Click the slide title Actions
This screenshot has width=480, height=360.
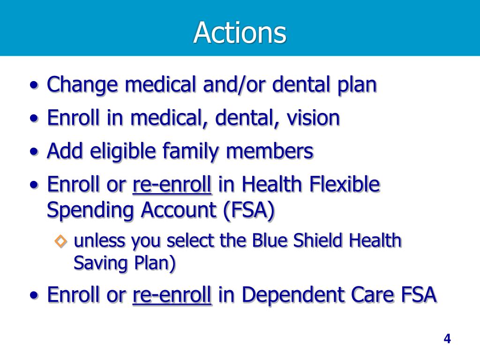pyautogui.click(x=240, y=33)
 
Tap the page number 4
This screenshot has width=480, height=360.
pyautogui.click(x=447, y=339)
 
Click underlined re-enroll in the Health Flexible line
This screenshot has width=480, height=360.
pyautogui.click(x=172, y=185)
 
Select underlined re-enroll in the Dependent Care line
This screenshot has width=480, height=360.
pyautogui.click(x=172, y=295)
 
